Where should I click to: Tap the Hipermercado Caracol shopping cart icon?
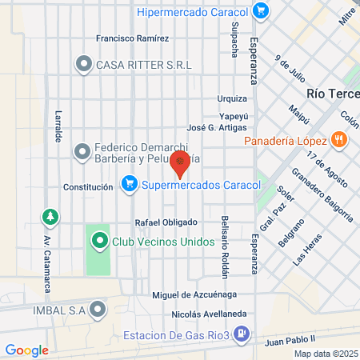260,11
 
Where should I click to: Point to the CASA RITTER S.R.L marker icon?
83,63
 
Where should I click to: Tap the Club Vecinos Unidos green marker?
99,240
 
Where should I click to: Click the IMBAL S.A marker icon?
98,309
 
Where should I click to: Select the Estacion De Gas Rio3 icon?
246,335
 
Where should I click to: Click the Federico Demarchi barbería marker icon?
82,150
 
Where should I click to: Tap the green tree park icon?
50,216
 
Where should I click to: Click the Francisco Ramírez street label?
132,38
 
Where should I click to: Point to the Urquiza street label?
232,99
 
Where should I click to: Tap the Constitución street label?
88,187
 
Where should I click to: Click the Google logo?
26,350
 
